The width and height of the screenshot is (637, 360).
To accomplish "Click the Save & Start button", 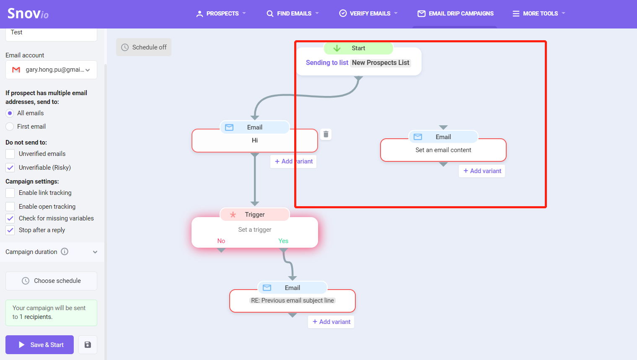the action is [x=39, y=344].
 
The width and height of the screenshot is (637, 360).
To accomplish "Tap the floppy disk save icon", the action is [x=88, y=344].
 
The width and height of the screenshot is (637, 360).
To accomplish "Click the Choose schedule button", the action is [x=51, y=281].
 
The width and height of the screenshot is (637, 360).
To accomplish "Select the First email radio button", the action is [x=10, y=127].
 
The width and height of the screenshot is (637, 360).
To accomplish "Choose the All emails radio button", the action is [x=10, y=113].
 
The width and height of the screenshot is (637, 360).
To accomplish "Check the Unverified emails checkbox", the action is [x=10, y=154].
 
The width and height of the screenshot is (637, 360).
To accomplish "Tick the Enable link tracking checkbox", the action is [x=10, y=193].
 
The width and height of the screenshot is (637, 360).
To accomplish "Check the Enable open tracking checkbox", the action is [x=10, y=207].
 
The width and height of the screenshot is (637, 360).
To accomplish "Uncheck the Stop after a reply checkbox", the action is [x=10, y=230].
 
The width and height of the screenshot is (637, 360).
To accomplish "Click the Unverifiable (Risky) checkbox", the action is [x=10, y=168].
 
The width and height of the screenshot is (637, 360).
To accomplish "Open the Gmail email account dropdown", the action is [x=51, y=70].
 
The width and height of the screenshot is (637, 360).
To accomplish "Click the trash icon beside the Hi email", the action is [x=326, y=134].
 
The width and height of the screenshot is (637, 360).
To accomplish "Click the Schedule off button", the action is [x=144, y=47].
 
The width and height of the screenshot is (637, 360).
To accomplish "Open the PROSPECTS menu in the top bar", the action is [x=221, y=13].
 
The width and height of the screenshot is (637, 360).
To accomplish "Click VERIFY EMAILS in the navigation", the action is [x=368, y=13].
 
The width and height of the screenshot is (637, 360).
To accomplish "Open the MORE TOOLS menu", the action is [x=539, y=13].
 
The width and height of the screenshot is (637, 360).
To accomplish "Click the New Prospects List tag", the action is [x=381, y=62].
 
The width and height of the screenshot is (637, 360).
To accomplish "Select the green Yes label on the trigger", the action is [x=283, y=241].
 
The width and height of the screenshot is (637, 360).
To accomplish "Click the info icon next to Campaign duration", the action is [x=65, y=251].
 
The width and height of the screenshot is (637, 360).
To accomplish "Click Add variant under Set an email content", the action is [x=482, y=171].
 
